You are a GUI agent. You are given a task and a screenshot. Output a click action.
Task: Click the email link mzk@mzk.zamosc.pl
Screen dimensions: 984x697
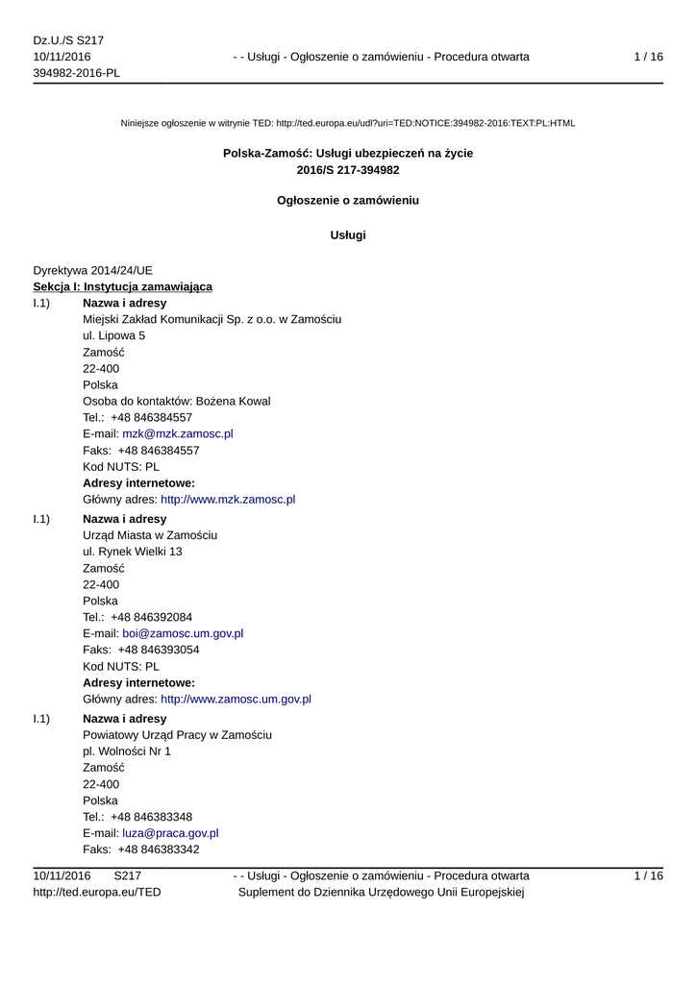(x=177, y=433)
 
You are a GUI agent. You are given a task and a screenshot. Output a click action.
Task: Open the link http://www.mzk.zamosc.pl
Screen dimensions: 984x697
(x=227, y=500)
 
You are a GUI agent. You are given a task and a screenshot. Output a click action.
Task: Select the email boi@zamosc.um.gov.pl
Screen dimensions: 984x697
(x=182, y=633)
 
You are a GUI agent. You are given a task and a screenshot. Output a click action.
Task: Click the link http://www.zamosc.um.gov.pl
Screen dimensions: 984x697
(x=235, y=700)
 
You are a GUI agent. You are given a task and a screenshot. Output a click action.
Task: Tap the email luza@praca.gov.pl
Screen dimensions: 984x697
(x=169, y=833)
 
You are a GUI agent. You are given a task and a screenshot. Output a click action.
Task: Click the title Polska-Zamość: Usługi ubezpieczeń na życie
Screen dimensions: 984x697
(x=348, y=153)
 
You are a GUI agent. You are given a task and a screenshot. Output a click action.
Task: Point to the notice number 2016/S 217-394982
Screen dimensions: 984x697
(x=348, y=170)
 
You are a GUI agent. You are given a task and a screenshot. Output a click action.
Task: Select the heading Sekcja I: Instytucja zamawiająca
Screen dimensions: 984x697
(x=123, y=286)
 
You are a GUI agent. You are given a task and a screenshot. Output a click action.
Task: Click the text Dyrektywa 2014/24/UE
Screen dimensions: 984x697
(x=92, y=270)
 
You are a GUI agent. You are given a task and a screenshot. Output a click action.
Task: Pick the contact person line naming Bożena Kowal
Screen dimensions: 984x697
(x=177, y=401)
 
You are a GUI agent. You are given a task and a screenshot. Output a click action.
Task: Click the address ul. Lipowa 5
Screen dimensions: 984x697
(x=114, y=335)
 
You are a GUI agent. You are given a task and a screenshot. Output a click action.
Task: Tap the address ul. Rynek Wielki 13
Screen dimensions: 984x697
(x=133, y=552)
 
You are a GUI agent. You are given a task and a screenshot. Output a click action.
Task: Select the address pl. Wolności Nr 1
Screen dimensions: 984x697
(x=127, y=750)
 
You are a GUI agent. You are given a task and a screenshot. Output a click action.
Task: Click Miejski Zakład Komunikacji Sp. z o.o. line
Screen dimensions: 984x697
(x=212, y=319)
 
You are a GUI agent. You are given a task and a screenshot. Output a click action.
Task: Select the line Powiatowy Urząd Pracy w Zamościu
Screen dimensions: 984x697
(x=177, y=734)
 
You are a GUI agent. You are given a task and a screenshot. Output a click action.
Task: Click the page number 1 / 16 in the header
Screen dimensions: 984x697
(x=648, y=57)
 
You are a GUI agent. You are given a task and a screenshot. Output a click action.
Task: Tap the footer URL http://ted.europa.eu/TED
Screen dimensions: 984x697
(x=97, y=893)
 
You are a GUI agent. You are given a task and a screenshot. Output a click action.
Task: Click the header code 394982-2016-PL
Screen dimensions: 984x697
(x=77, y=74)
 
